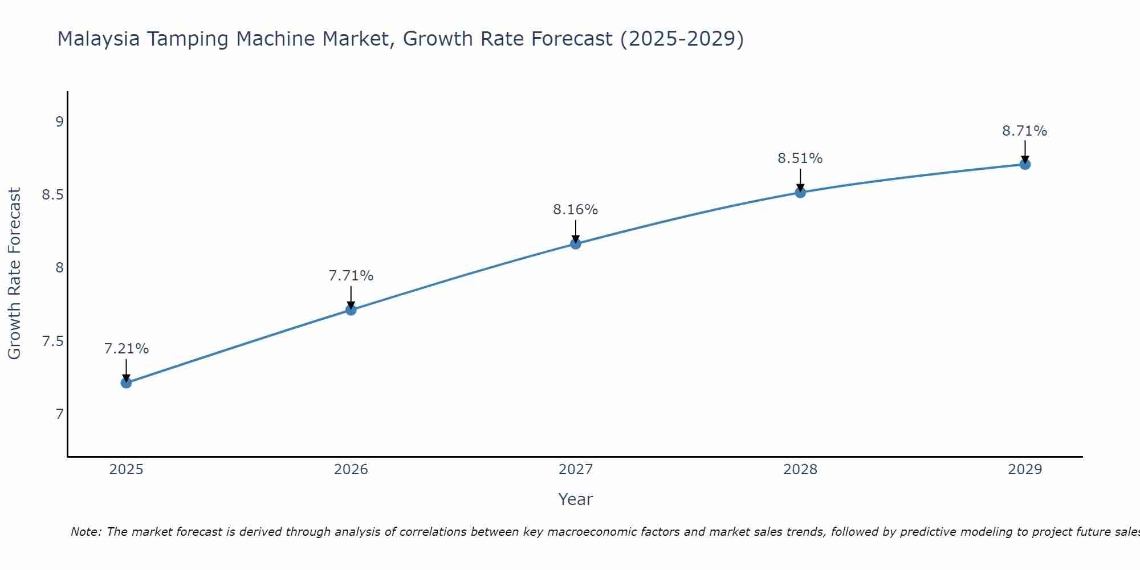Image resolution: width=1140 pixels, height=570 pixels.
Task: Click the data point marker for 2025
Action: [127, 382]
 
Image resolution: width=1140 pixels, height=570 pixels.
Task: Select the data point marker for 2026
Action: [351, 310]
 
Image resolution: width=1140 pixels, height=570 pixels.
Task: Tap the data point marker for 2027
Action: [576, 244]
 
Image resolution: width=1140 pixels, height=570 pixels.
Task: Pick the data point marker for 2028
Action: [800, 193]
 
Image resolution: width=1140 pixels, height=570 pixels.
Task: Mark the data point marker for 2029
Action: [1025, 164]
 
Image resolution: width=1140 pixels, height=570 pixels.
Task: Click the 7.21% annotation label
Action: [127, 348]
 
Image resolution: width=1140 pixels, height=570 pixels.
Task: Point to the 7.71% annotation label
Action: [351, 276]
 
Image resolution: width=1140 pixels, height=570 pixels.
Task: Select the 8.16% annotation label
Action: [576, 210]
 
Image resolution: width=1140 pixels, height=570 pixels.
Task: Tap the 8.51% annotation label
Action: [800, 158]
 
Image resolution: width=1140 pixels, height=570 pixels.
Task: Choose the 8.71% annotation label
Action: [1025, 131]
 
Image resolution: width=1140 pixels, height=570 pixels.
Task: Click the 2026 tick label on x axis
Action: [351, 470]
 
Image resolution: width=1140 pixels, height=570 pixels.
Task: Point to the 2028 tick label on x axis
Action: [800, 470]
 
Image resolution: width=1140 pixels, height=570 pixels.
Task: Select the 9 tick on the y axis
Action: [59, 121]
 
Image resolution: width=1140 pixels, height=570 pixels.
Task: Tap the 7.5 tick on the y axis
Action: [52, 341]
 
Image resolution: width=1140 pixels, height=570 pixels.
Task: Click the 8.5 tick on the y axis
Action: [52, 195]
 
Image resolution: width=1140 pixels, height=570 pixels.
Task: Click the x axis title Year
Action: [576, 499]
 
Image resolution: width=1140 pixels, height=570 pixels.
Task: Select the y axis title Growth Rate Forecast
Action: [15, 274]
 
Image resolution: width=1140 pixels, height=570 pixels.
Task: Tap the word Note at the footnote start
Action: [85, 532]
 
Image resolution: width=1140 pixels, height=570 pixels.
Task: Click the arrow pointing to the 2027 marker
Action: [576, 231]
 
